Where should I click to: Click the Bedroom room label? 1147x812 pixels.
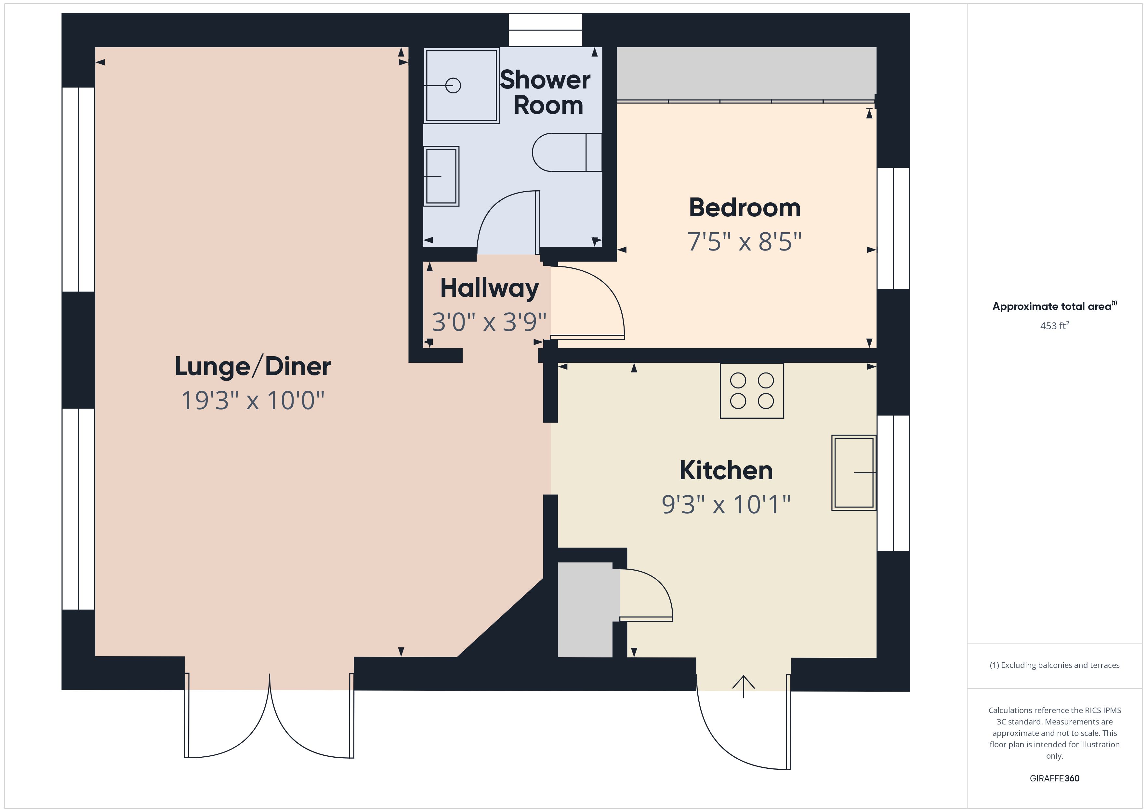[745, 208]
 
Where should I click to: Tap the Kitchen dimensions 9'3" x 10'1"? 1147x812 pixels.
[726, 505]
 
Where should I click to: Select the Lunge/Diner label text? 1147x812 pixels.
[252, 367]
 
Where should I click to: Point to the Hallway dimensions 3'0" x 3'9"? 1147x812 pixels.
[489, 322]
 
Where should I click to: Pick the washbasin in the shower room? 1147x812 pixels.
[441, 176]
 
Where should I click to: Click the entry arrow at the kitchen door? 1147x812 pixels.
[743, 686]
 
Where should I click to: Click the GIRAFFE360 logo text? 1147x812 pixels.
[1055, 778]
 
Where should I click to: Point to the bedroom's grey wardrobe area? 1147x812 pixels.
[746, 74]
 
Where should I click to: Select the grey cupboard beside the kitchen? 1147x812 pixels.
[585, 610]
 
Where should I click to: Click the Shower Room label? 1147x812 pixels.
[546, 92]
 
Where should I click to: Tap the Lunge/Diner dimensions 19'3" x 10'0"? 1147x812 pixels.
[252, 400]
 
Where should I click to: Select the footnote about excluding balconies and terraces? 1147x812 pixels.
[1055, 665]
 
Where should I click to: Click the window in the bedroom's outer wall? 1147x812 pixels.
[893, 228]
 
